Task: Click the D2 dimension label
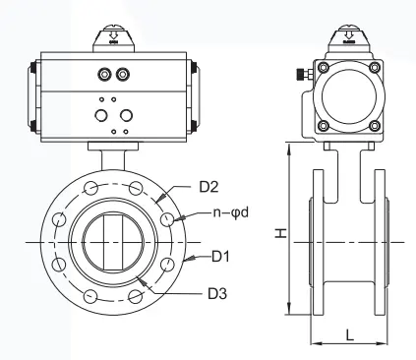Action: tap(208, 187)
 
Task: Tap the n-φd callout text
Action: tap(231, 212)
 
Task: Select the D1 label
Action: tap(220, 256)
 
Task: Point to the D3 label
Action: tap(217, 293)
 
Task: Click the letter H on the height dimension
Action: tap(281, 233)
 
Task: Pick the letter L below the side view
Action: tap(350, 334)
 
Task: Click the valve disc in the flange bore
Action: tap(113, 242)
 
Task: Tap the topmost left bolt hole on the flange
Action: tap(90, 188)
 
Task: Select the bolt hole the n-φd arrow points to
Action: tap(167, 219)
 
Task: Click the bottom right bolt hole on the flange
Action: tap(135, 296)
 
